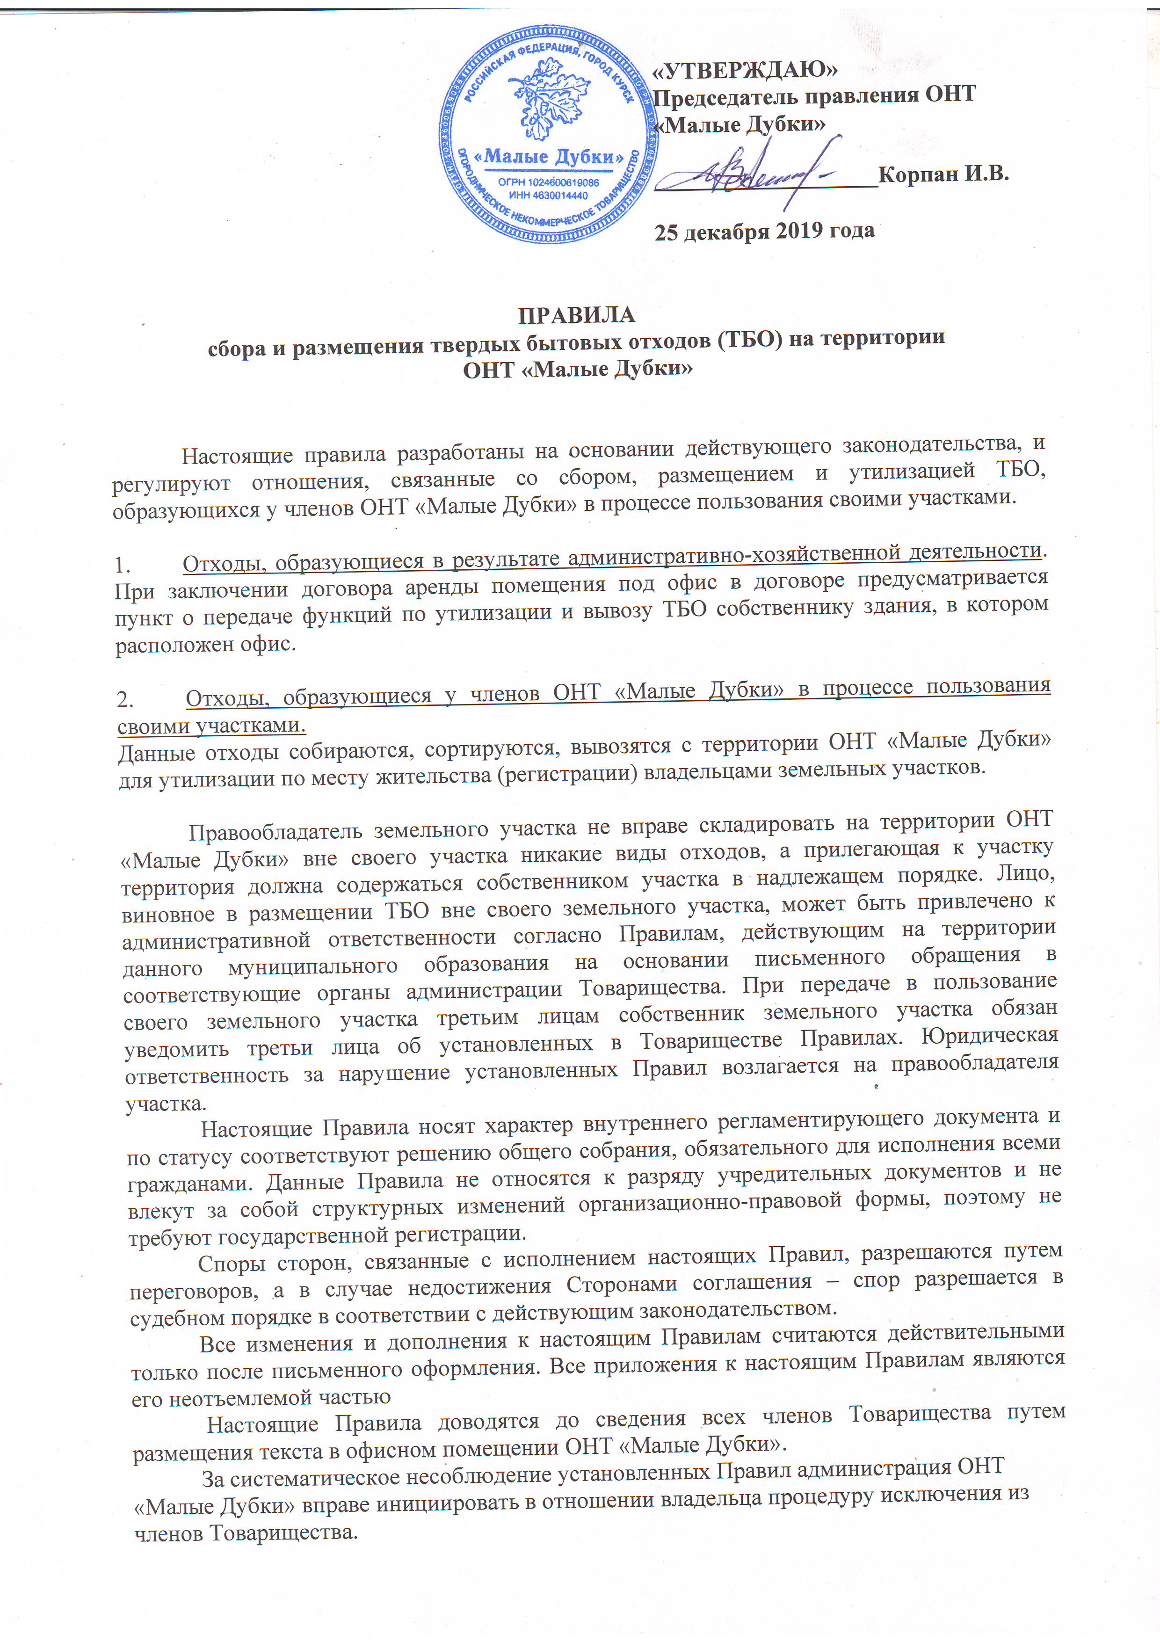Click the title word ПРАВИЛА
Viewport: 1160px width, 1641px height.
tap(576, 314)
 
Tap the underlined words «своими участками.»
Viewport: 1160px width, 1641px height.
tap(211, 726)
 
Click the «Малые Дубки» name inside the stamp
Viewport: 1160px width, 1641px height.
tap(548, 157)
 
